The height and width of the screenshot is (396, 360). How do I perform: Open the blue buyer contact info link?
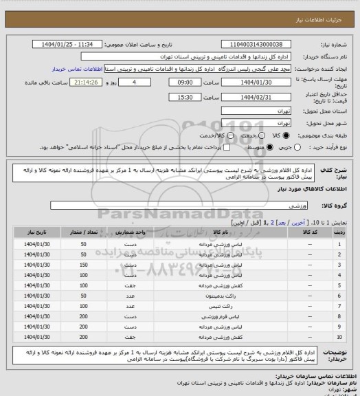click(77, 69)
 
